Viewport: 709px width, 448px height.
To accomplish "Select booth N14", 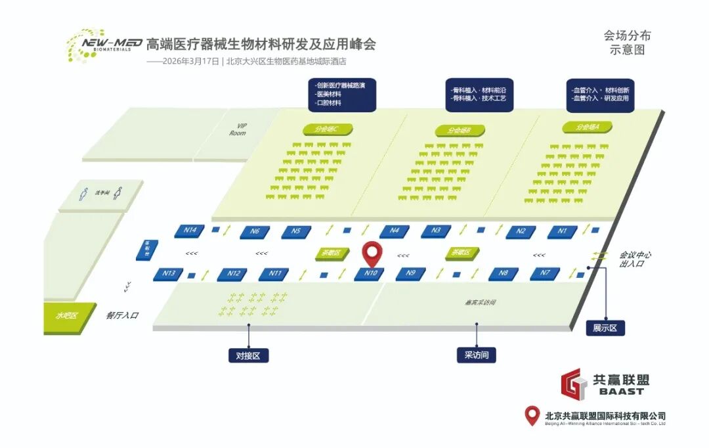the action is pos(190,231).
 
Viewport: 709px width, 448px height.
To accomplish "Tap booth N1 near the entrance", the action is pos(562,231).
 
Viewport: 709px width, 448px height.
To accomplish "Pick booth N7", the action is pos(544,273).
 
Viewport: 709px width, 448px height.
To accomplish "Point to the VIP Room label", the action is pos(238,129).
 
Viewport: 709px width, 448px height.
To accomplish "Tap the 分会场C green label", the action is pos(326,129).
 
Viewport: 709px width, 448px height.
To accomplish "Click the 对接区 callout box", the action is pos(248,355).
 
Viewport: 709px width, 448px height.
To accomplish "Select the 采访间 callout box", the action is pos(477,355).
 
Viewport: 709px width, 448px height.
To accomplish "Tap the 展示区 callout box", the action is pos(605,328).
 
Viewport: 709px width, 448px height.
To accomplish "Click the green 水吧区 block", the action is pos(66,316).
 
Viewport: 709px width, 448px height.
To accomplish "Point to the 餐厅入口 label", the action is pos(123,315).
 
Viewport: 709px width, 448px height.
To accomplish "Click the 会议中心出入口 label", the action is pos(635,259).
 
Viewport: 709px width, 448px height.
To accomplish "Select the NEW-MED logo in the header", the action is pos(104,45).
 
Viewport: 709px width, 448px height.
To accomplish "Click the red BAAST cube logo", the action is pos(573,386).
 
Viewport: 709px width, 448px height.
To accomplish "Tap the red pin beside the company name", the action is pos(532,416).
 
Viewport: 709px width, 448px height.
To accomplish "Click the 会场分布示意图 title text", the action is pos(627,42).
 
